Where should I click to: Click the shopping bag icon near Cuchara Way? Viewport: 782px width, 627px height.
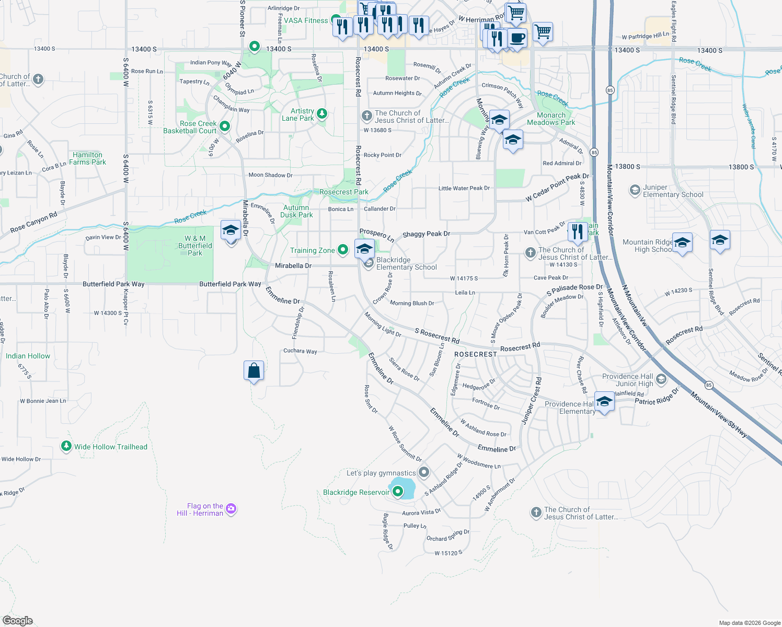click(x=254, y=370)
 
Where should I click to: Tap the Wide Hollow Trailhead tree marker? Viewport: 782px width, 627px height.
click(x=66, y=446)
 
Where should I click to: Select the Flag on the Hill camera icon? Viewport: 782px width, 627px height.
click(x=231, y=508)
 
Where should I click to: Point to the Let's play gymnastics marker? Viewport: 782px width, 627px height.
click(x=424, y=472)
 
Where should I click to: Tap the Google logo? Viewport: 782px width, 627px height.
click(x=17, y=620)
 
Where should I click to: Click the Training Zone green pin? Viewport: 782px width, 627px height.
click(x=343, y=250)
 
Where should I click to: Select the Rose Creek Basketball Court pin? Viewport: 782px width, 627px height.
click(x=225, y=126)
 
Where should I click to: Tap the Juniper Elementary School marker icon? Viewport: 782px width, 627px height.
click(x=635, y=190)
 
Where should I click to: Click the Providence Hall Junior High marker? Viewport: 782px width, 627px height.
click(x=661, y=379)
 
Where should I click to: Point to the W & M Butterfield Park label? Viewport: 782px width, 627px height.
click(x=195, y=246)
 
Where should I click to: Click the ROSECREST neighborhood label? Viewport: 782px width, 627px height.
click(x=476, y=354)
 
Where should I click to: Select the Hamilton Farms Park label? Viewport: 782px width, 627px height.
click(x=87, y=158)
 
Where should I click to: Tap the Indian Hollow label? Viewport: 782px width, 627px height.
click(x=28, y=356)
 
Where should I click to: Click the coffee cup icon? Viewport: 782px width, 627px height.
click(x=517, y=38)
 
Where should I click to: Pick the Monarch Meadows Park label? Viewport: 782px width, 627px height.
click(x=551, y=119)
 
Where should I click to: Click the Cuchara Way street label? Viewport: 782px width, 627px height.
click(x=300, y=351)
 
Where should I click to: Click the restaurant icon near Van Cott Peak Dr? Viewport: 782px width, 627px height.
click(x=577, y=231)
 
